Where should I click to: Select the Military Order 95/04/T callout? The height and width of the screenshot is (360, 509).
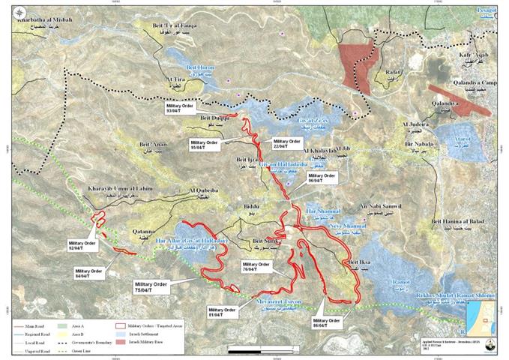tap(203, 145)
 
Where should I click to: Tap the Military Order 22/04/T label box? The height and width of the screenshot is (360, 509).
tap(286, 142)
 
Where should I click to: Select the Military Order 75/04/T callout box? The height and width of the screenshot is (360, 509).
tap(149, 286)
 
